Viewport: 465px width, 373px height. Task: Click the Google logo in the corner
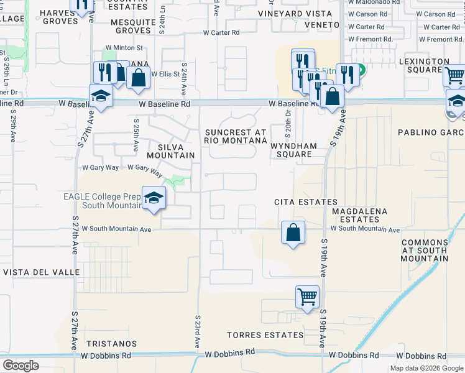click(x=21, y=366)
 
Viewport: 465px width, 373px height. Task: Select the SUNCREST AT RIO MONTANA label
click(x=236, y=137)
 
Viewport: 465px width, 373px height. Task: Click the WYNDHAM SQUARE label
click(x=294, y=150)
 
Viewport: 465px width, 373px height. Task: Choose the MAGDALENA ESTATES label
click(x=359, y=216)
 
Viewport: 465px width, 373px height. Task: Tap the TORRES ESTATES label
click(x=265, y=335)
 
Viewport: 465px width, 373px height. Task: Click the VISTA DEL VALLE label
click(x=41, y=272)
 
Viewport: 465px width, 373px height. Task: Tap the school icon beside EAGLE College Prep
click(x=154, y=199)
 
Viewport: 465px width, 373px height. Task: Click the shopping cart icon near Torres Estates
click(x=307, y=297)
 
